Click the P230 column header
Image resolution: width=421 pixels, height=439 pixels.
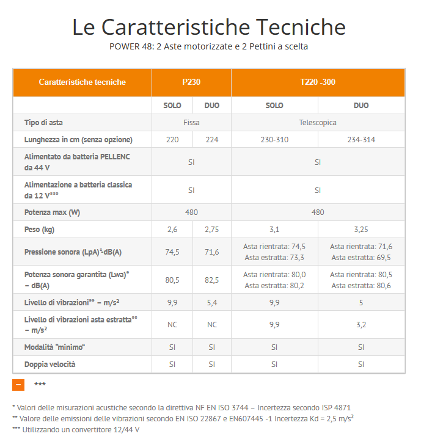click(191, 82)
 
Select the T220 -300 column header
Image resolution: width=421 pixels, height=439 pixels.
click(317, 82)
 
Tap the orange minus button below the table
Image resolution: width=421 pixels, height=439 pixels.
click(18, 385)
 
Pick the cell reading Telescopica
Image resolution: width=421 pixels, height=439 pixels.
click(317, 122)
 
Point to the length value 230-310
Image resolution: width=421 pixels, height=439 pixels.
click(274, 139)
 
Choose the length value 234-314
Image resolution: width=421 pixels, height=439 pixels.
click(361, 139)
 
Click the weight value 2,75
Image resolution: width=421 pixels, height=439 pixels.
click(211, 229)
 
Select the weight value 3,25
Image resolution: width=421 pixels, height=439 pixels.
click(361, 229)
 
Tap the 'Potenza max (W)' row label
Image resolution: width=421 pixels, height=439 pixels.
click(52, 212)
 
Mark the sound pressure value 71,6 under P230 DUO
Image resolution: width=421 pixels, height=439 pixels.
click(211, 252)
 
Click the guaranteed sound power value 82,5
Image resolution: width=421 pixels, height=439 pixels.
click(211, 280)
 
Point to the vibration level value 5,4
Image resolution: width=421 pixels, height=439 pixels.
click(211, 302)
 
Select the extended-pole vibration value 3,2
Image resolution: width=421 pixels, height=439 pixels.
click(361, 324)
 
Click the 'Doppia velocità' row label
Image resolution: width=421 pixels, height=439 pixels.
click(50, 364)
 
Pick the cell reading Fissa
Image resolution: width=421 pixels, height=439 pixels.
click(191, 122)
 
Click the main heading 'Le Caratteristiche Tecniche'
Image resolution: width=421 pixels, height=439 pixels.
click(209, 27)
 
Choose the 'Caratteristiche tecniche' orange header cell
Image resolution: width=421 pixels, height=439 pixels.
click(82, 82)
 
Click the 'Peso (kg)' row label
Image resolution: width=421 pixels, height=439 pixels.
click(40, 229)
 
